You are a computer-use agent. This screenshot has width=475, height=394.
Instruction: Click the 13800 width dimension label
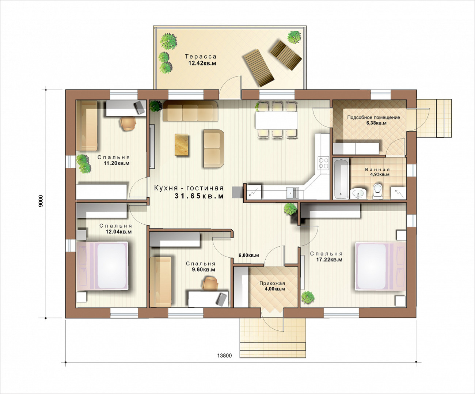click(x=224, y=356)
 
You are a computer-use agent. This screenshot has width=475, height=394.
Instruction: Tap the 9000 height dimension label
click(x=41, y=201)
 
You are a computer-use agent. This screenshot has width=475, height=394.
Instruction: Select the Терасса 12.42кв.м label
click(x=201, y=60)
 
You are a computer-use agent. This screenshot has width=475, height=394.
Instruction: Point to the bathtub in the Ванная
click(x=341, y=179)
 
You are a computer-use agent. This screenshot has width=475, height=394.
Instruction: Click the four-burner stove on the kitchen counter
click(x=323, y=163)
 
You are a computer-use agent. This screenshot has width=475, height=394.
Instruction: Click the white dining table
click(x=276, y=120)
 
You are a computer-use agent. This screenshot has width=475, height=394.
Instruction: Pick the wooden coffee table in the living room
click(x=181, y=145)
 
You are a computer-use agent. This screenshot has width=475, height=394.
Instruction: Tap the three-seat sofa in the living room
click(x=190, y=111)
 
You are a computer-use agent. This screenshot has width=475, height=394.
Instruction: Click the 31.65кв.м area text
click(x=199, y=196)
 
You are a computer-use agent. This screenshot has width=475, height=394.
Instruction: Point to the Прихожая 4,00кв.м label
click(x=272, y=286)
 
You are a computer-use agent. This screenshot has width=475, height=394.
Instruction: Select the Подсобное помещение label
click(x=373, y=117)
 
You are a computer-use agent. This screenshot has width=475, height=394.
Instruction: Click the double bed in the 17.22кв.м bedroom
click(x=381, y=266)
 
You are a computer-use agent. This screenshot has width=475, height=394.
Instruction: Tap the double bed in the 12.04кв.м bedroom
click(x=102, y=266)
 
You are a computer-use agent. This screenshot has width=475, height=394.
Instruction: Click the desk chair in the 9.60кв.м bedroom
click(x=210, y=283)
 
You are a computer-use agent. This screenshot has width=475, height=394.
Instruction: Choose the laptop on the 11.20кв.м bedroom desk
click(x=140, y=107)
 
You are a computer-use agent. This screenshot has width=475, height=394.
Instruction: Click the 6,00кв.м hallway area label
click(x=249, y=255)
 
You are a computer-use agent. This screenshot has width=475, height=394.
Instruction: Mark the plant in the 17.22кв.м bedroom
click(x=308, y=297)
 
